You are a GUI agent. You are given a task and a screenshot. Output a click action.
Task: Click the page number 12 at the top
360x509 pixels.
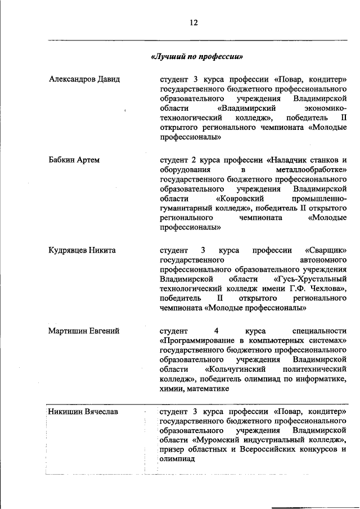tap(194, 22)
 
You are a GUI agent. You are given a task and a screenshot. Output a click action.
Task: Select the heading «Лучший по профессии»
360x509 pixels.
tap(197, 57)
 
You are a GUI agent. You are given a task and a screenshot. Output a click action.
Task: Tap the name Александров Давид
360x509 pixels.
tap(84, 79)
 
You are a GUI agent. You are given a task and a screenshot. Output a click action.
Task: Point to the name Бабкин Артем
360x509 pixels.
tap(74, 160)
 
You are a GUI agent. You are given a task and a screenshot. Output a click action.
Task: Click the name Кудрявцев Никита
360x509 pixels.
tap(82, 250)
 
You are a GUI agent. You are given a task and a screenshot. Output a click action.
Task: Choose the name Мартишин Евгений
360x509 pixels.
tap(84, 331)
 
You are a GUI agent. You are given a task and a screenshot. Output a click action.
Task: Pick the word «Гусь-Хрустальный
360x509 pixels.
tap(310, 279)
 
